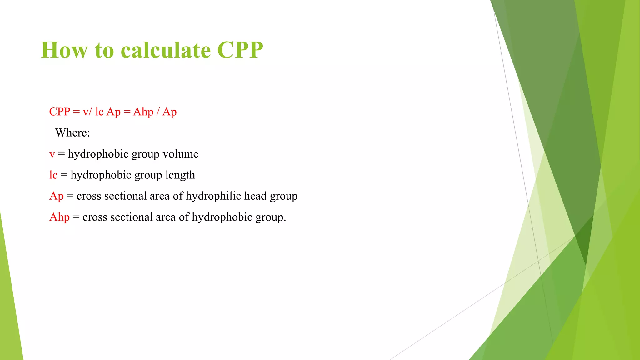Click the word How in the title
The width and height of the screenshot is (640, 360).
(64, 50)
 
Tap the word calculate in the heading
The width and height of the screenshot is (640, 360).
(166, 50)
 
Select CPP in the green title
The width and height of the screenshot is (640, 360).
(240, 50)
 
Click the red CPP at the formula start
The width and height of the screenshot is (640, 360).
(60, 112)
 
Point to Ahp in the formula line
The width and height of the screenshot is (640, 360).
(143, 112)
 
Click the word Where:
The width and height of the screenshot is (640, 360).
(72, 133)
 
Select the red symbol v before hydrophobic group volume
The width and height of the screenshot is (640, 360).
(52, 154)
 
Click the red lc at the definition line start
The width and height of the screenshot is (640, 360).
(53, 175)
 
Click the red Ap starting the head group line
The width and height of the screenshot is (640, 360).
(57, 196)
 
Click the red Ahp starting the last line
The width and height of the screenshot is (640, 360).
(59, 217)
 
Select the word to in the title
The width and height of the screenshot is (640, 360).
(104, 50)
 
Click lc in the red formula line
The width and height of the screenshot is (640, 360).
(99, 112)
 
